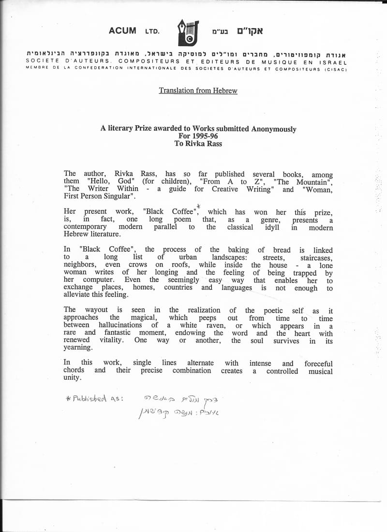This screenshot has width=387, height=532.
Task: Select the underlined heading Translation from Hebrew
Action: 198,90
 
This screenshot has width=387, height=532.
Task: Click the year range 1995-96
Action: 198,136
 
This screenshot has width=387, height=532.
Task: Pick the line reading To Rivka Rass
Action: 198,143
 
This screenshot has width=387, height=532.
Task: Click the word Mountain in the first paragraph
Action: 314,181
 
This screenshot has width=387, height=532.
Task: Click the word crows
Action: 138,265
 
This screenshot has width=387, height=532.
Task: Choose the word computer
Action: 98,280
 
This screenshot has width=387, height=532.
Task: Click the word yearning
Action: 77,348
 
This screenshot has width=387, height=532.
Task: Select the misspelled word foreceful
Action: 318,363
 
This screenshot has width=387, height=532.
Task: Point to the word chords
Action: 74,370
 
